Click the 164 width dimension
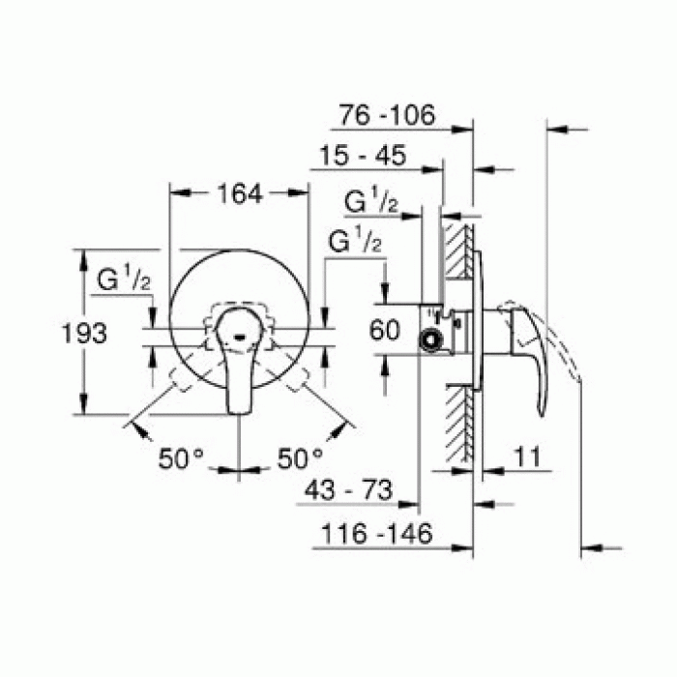239,194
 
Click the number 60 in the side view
385,331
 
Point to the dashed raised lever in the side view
561,348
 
